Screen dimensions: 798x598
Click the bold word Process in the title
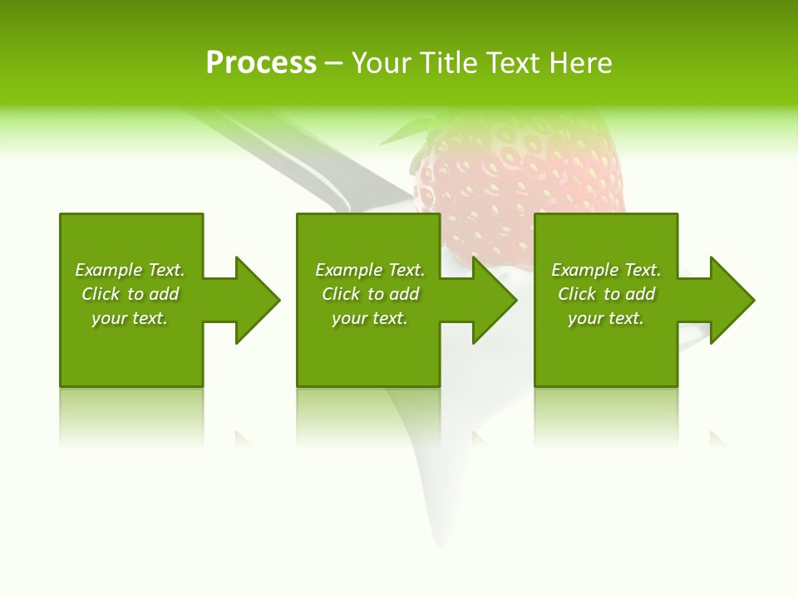(261, 62)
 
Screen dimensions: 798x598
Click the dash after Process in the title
(333, 64)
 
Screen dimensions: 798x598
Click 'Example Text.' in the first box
(130, 270)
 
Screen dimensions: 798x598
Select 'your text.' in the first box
(130, 318)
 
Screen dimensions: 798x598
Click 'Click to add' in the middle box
(370, 294)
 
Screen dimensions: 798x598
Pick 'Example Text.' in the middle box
(370, 270)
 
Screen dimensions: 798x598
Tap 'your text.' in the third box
(605, 318)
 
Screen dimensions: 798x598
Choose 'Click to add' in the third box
(607, 294)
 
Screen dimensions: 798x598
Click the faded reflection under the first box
(131, 415)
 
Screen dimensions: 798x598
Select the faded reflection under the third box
(605, 415)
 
